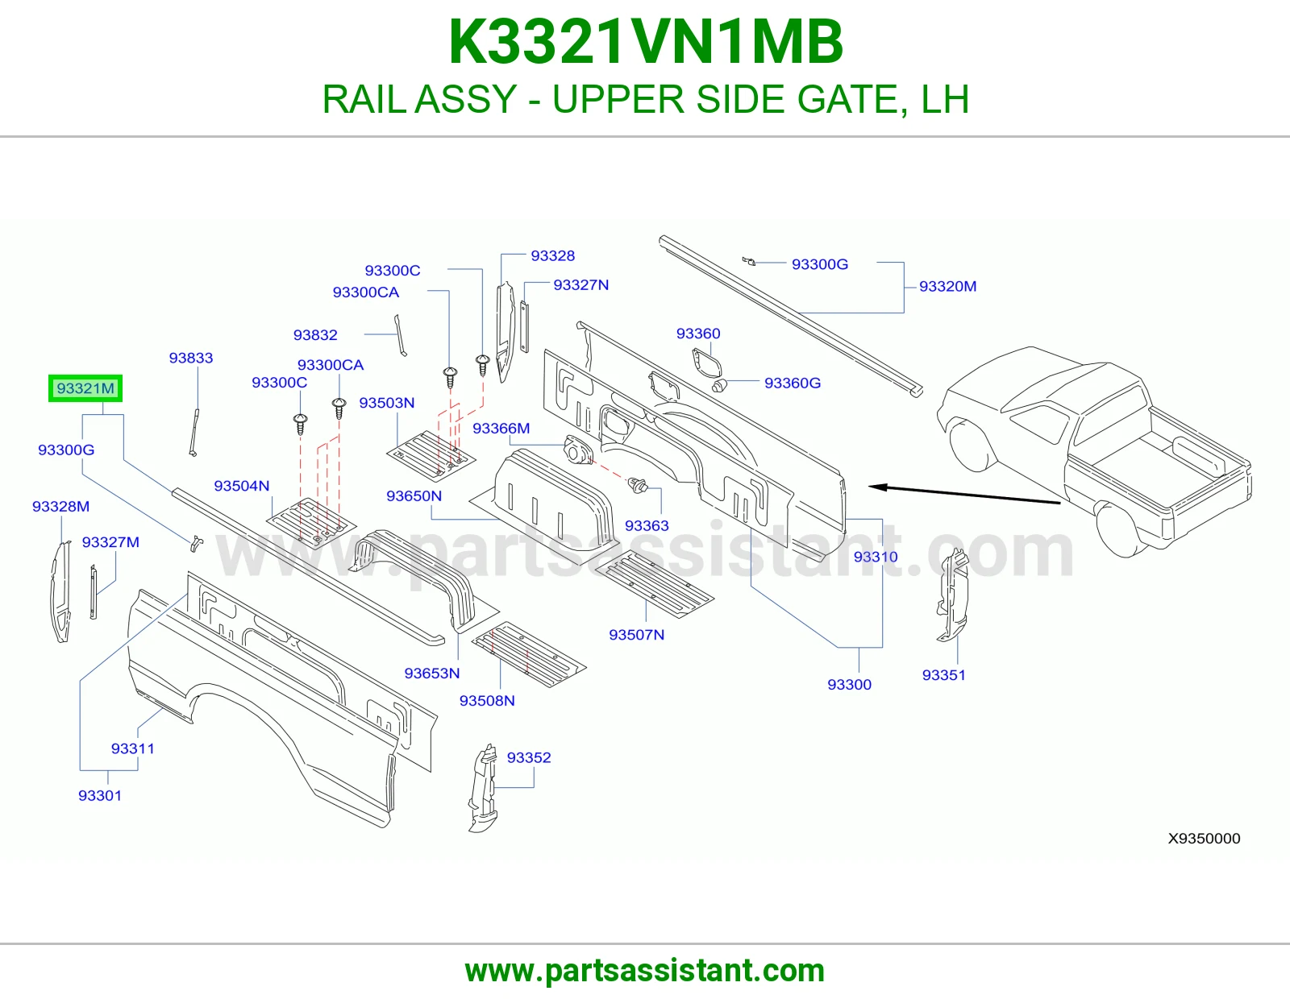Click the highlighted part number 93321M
click(x=85, y=388)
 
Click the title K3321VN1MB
click(x=645, y=42)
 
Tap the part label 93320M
click(x=947, y=287)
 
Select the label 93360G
click(x=793, y=383)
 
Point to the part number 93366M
click(x=501, y=429)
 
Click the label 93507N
click(x=636, y=635)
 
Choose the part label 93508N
click(x=487, y=701)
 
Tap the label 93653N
click(x=432, y=674)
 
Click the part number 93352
click(x=529, y=757)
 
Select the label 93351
click(x=944, y=675)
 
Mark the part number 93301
click(x=100, y=795)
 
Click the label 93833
click(x=190, y=358)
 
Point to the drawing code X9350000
click(x=1204, y=838)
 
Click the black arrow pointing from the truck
click(x=965, y=495)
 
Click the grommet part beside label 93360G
click(x=719, y=387)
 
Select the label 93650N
click(x=414, y=496)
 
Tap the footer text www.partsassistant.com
click(x=645, y=971)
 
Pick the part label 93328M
click(x=60, y=507)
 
